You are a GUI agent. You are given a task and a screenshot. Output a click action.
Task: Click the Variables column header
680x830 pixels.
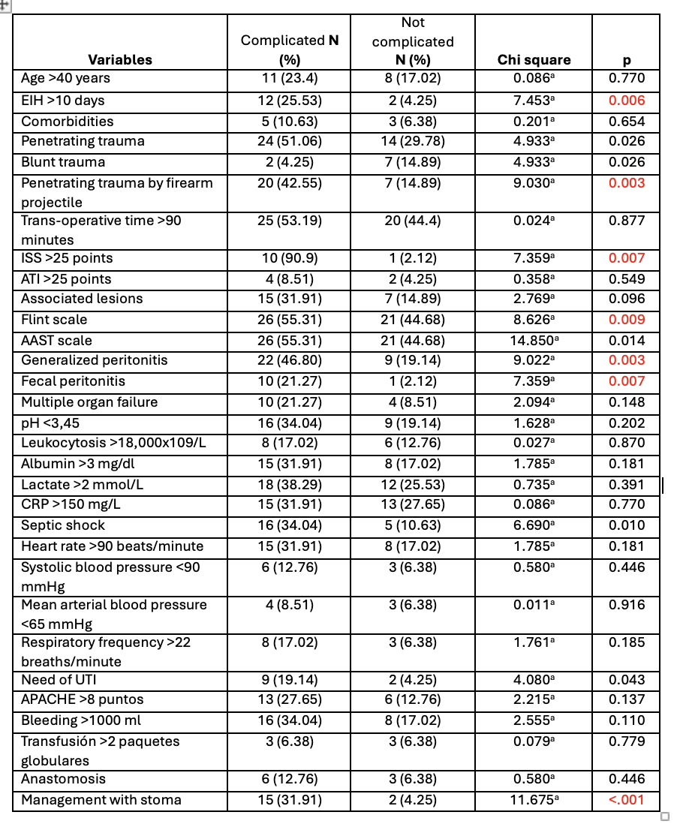click(x=120, y=60)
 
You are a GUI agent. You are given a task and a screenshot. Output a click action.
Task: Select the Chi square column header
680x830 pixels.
click(x=534, y=60)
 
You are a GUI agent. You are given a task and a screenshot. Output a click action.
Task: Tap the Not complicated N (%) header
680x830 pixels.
click(x=413, y=42)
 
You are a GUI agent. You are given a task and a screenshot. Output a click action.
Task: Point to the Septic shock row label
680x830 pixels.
click(x=63, y=525)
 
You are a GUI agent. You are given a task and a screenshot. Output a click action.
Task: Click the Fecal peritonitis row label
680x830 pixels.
click(x=73, y=381)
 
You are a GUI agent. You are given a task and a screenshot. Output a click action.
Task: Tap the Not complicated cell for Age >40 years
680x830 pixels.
click(x=413, y=78)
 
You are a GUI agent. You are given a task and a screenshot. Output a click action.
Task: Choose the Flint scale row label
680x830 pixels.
click(x=54, y=320)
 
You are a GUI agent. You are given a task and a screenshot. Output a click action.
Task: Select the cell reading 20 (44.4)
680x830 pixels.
click(x=413, y=221)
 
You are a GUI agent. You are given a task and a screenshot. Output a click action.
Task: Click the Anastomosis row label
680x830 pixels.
click(x=63, y=779)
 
